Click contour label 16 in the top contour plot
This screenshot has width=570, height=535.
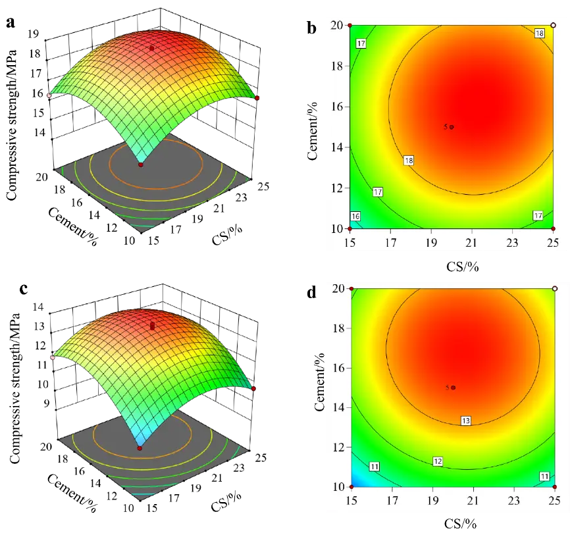(x=355, y=217)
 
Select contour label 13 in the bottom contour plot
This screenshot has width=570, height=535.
(x=465, y=420)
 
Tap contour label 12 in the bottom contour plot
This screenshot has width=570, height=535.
(x=437, y=461)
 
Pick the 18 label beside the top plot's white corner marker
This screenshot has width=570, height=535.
(x=539, y=34)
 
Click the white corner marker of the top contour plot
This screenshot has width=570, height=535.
(x=553, y=25)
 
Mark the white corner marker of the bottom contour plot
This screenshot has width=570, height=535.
(x=554, y=288)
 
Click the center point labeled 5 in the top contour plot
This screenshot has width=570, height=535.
(x=452, y=127)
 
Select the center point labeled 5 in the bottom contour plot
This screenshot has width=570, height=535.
(x=453, y=388)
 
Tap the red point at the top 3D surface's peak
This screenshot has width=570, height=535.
(x=152, y=48)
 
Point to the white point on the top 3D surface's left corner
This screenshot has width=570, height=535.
(x=49, y=95)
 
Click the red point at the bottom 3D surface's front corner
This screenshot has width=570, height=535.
(x=140, y=448)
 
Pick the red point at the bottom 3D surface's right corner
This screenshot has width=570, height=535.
(x=253, y=388)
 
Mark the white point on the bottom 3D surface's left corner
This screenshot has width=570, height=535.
(x=53, y=357)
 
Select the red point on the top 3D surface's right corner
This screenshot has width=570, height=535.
(x=257, y=97)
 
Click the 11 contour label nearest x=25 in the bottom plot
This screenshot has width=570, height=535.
(x=544, y=476)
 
